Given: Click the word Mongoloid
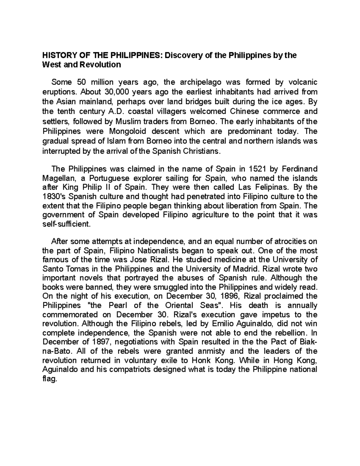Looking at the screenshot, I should [x=130, y=131].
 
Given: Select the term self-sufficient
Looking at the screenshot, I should [x=66, y=224].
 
